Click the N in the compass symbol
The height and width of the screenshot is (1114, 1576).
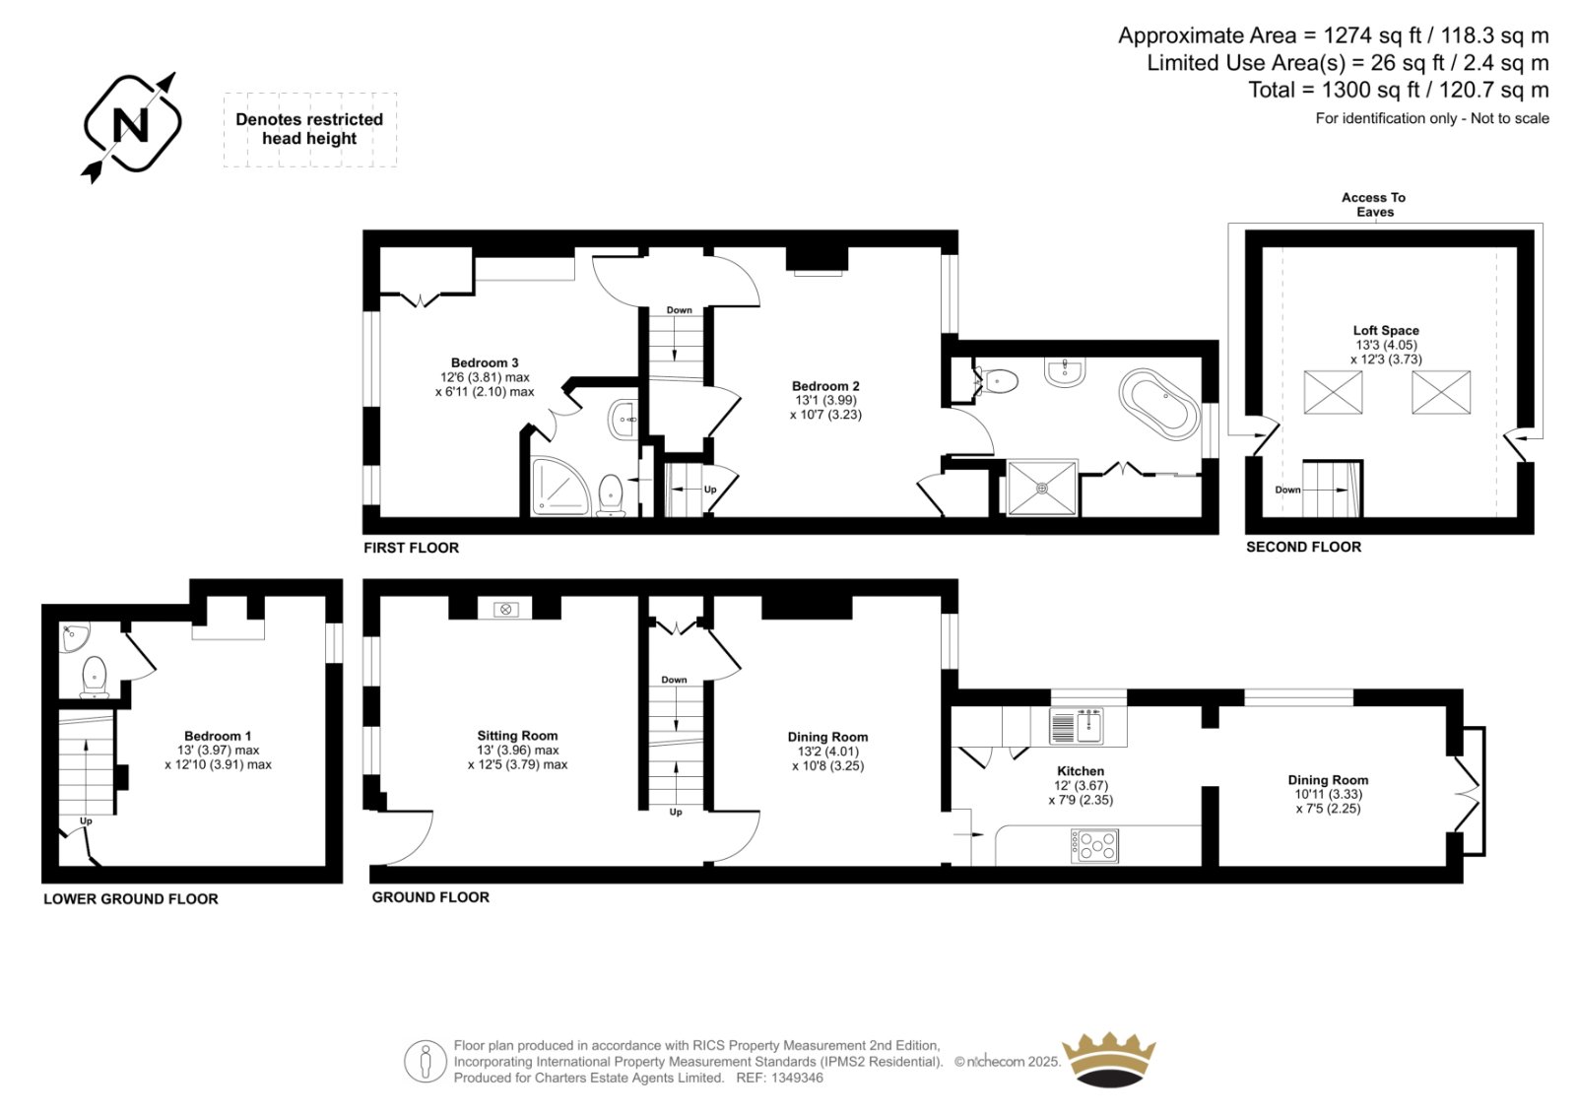point(132,126)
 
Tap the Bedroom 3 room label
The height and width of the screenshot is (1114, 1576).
point(485,362)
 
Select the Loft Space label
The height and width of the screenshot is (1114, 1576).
point(1386,330)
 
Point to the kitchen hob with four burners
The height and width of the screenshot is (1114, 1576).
point(1094,845)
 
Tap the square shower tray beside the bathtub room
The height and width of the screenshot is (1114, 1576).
point(1042,488)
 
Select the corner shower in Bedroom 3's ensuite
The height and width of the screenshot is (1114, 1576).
point(560,487)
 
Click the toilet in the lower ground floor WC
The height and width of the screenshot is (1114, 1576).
point(95,677)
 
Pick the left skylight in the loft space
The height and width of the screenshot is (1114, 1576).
point(1333,392)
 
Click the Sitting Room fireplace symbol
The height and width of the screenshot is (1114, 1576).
point(505,610)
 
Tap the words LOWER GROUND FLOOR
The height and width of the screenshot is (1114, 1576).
point(131,898)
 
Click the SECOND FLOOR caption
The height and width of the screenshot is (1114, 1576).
point(1304,547)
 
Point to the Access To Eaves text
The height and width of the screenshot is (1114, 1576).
point(1374,205)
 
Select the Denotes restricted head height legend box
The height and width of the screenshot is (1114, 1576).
point(310,129)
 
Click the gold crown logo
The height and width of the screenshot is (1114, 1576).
point(1109,1059)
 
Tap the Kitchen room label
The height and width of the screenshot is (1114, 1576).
point(1081,770)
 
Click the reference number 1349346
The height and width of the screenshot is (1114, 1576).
point(797,1078)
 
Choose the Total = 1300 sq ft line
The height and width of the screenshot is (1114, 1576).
point(1399,90)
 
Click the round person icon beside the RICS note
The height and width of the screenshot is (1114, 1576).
point(425,1061)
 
